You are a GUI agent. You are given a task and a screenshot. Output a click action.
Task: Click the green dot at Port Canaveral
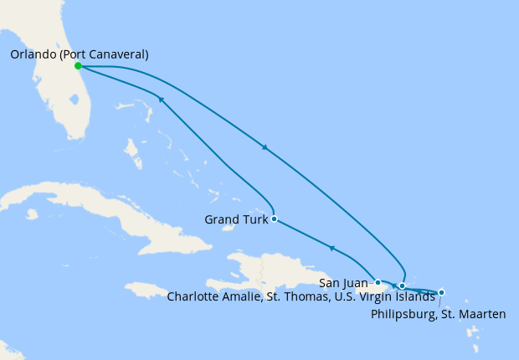(x=78, y=65)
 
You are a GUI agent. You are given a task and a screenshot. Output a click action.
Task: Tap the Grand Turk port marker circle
(x=275, y=219)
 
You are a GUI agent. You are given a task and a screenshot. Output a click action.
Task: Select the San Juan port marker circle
(x=378, y=282)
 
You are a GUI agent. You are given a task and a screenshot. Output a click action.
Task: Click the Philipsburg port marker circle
(x=441, y=292)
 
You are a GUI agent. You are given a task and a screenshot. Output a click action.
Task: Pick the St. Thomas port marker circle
(x=402, y=285)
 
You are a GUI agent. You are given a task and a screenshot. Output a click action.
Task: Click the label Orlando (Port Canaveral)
(x=80, y=54)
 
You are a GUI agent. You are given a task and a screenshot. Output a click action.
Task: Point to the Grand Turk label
(x=236, y=220)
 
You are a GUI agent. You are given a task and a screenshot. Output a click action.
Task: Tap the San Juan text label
(x=342, y=283)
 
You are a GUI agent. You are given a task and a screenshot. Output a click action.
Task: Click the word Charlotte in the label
(x=193, y=296)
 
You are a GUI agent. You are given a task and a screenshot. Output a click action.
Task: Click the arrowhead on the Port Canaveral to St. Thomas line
(x=265, y=148)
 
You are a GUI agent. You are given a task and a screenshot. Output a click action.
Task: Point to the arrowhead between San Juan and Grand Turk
(x=332, y=248)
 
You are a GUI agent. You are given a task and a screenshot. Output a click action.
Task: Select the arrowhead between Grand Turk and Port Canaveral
(x=161, y=99)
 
